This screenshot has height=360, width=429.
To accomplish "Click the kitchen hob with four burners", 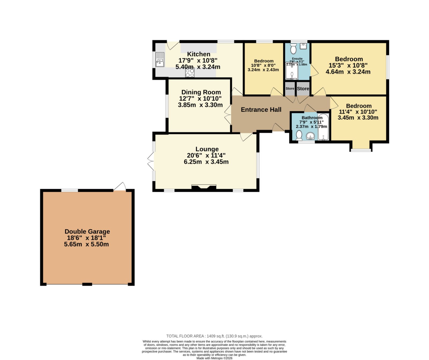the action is [190, 73].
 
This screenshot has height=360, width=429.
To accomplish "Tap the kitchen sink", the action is [160, 60].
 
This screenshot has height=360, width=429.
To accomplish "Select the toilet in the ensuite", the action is [293, 49].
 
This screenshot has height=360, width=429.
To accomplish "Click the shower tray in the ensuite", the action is [292, 71].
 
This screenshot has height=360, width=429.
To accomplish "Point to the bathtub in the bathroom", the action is [323, 127].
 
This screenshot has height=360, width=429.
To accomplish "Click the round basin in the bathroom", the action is [311, 136].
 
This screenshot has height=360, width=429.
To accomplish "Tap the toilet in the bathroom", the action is [299, 135].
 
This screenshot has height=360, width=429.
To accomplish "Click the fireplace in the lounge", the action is [204, 187].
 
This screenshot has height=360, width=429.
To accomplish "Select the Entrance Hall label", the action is [261, 110].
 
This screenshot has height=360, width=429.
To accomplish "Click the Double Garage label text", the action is [87, 231].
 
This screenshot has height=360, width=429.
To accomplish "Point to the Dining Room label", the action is [201, 92].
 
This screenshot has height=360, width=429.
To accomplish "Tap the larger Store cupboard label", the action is [303, 88].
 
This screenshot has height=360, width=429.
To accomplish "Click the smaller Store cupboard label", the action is [290, 88].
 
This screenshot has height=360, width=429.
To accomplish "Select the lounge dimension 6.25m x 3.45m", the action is [206, 162].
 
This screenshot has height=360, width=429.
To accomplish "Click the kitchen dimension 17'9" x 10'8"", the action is [198, 61].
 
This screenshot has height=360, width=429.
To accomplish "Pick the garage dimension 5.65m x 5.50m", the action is [87, 244].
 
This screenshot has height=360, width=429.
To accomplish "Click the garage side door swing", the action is [120, 187].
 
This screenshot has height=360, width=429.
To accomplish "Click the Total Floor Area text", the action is [214, 336].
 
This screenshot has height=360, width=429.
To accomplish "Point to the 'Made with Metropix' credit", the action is [214, 358].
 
